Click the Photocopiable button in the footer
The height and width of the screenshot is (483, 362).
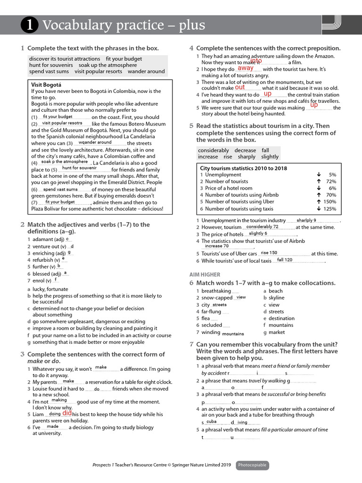coord(252,465)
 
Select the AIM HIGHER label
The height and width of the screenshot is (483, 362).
coord(205,275)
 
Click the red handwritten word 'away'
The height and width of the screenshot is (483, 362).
coord(245,68)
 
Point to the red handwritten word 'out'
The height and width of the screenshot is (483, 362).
coord(240,87)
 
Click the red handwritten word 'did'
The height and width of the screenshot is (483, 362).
coord(67,413)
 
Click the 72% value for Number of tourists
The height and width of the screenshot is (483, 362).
coord(331,182)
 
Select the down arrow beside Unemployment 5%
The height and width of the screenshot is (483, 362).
coord(319,175)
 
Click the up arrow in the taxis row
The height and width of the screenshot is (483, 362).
coord(319,209)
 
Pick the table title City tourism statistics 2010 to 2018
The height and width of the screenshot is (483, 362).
coord(243,168)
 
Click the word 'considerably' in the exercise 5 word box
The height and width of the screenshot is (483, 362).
coord(213,150)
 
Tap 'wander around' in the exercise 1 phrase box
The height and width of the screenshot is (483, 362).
coord(146,72)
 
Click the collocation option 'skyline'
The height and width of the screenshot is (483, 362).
coord(277,298)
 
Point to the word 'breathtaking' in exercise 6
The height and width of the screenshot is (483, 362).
coord(216,291)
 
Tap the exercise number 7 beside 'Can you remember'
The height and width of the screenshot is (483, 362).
coord(191,344)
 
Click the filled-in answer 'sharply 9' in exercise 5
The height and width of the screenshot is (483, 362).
coord(306,220)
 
